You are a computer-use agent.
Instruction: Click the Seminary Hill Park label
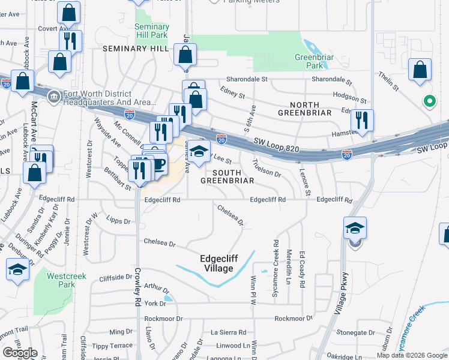pyautogui.click(x=151, y=31)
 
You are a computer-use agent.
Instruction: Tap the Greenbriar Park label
pyautogui.click(x=309, y=61)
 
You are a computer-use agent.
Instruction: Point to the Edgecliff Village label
pyautogui.click(x=218, y=263)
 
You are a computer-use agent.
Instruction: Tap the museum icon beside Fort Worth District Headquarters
pyautogui.click(x=54, y=97)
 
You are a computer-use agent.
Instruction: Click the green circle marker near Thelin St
pyautogui.click(x=429, y=101)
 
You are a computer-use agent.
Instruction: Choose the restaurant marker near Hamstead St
pyautogui.click(x=362, y=120)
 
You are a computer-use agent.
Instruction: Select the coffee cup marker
pyautogui.click(x=158, y=166)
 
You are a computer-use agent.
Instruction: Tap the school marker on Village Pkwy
pyautogui.click(x=355, y=228)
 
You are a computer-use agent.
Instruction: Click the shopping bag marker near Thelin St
pyautogui.click(x=420, y=69)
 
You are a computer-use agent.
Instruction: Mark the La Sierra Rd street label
pyautogui.click(x=228, y=332)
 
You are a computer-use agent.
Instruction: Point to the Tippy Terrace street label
pyautogui.click(x=112, y=346)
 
